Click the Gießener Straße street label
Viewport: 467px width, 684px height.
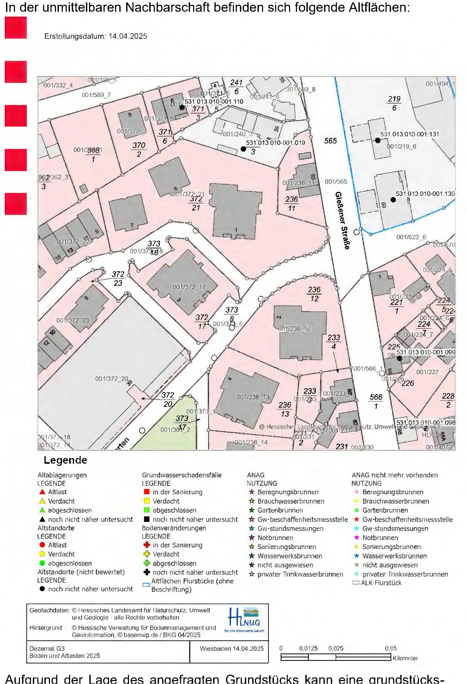point(343,221)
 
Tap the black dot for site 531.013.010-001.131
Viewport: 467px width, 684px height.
point(377,140)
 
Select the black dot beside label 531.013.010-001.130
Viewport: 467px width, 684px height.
point(393,199)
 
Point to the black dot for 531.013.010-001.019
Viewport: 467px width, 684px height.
point(243,149)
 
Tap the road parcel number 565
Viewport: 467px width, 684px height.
point(330,141)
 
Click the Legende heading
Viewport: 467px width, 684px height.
point(65,460)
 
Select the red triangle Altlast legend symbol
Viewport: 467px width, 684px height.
point(42,492)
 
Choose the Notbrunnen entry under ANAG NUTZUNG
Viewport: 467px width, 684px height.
point(275,538)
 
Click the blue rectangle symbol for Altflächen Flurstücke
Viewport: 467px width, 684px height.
point(146,585)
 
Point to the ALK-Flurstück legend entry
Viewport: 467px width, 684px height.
point(381,583)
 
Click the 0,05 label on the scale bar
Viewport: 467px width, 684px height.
point(391,648)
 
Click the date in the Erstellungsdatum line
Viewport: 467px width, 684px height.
point(128,36)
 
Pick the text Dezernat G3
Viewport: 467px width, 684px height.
point(47,649)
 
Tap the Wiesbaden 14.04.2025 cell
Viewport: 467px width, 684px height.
point(232,649)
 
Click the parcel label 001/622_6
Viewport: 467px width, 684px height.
point(411,237)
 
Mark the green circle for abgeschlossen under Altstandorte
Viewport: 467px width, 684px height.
point(42,563)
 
